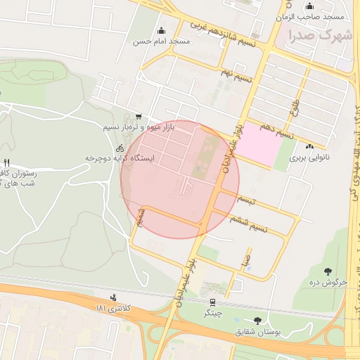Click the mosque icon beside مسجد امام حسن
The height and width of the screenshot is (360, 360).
[162, 30]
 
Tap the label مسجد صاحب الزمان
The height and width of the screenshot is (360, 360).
[319, 16]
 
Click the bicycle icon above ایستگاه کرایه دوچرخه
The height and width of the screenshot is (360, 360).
[120, 148]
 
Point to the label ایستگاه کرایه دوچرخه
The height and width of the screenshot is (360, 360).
[120, 159]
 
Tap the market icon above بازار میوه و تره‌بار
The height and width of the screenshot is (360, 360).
[139, 117]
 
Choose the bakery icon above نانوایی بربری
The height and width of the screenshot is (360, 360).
[309, 146]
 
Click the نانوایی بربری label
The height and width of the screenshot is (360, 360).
[309, 158]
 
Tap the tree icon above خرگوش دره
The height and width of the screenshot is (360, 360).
[328, 271]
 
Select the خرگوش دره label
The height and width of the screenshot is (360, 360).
[328, 283]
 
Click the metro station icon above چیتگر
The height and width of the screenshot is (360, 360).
[212, 302]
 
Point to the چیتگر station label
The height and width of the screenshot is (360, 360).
[212, 313]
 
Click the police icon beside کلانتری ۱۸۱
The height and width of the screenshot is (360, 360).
[114, 298]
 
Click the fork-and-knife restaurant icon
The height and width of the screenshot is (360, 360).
[7, 162]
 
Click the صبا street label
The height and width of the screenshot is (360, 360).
[245, 261]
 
